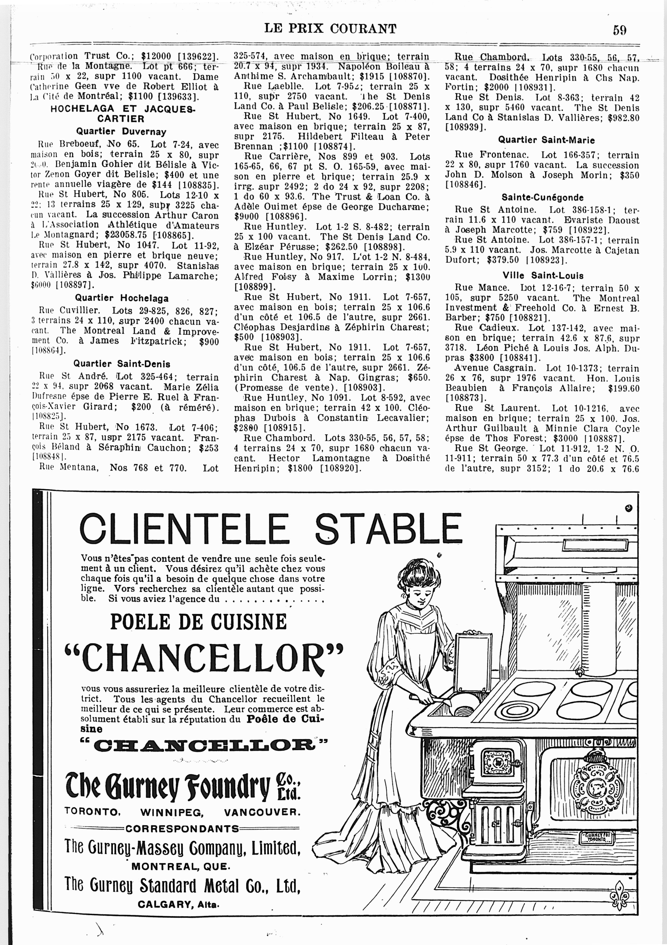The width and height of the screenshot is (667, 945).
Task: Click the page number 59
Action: point(620,30)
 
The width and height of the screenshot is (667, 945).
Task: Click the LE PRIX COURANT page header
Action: point(330,29)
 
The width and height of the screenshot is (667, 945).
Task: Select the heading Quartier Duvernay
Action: point(121,132)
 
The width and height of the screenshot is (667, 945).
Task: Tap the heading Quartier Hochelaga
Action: point(121,298)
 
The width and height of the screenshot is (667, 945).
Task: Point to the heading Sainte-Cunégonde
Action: point(542,198)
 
